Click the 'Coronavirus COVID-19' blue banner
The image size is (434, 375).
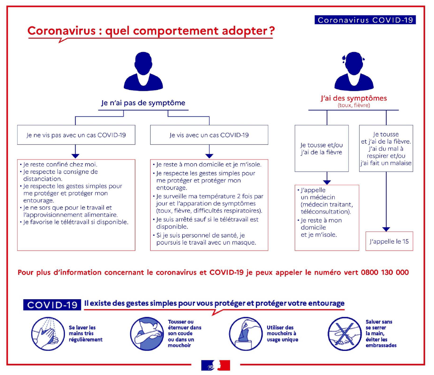click(x=365, y=20)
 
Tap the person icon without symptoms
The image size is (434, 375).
click(x=143, y=71)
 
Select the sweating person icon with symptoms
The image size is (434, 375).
click(x=354, y=71)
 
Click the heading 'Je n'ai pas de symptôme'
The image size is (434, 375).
click(x=143, y=103)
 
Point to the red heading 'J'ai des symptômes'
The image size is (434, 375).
click(x=354, y=98)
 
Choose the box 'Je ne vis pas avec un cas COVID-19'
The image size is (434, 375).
click(x=76, y=135)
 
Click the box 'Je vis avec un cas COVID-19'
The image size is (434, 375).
click(x=209, y=135)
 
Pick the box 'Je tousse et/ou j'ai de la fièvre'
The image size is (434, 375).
click(x=322, y=148)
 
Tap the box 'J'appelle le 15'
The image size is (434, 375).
click(x=389, y=241)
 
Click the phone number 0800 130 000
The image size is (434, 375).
click(x=385, y=272)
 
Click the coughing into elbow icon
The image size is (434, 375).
click(x=147, y=334)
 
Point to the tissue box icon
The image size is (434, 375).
click(x=246, y=334)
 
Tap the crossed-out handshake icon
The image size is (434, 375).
click(x=345, y=334)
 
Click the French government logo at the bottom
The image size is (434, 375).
click(x=215, y=365)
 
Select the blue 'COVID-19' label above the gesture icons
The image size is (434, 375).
click(x=52, y=305)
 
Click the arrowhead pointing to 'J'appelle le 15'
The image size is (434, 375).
click(x=386, y=229)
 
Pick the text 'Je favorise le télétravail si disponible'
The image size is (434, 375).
click(x=76, y=222)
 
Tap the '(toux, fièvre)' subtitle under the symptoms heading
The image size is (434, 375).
click(x=354, y=105)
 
